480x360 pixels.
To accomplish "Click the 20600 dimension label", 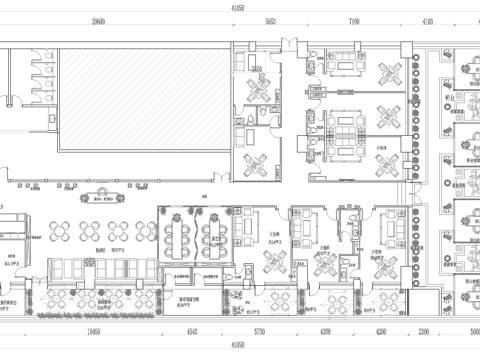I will click(x=98, y=20).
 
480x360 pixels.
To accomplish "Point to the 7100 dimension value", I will click(x=354, y=20).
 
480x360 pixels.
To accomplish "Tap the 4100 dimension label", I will click(x=428, y=20).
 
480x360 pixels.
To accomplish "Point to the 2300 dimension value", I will click(x=424, y=329).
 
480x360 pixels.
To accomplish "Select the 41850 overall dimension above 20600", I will click(x=239, y=6).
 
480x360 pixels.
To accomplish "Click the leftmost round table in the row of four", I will click(x=58, y=230).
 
